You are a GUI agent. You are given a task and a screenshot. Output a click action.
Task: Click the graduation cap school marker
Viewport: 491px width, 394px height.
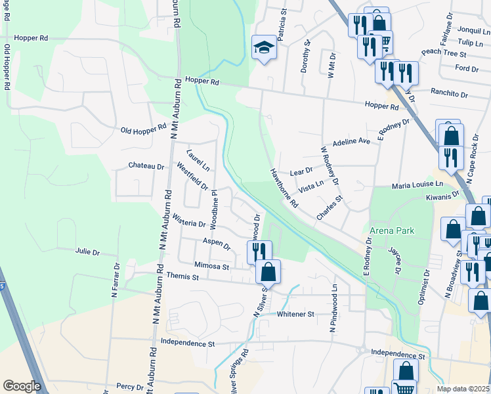[x=264, y=47]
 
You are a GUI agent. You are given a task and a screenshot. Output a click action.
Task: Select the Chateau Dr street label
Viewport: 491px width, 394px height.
[x=146, y=167]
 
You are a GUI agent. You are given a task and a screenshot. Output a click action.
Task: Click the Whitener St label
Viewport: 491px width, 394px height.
[x=295, y=315]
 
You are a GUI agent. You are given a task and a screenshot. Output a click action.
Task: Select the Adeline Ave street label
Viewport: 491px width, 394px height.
[x=352, y=142]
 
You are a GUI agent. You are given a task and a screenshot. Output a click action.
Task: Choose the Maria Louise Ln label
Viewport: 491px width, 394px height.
[x=417, y=186]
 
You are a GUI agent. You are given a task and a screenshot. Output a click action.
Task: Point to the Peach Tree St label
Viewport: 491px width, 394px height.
[x=444, y=53]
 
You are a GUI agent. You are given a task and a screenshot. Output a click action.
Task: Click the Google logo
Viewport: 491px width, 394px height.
[x=22, y=386]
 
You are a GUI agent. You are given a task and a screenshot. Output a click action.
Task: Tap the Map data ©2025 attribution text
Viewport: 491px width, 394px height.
[x=462, y=389]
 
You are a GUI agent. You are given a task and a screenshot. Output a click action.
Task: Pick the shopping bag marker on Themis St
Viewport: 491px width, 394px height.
[x=268, y=271]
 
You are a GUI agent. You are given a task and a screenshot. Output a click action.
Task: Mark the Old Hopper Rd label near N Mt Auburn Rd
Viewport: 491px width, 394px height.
[x=144, y=129]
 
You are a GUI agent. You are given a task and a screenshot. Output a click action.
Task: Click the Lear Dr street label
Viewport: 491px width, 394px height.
[x=301, y=171]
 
